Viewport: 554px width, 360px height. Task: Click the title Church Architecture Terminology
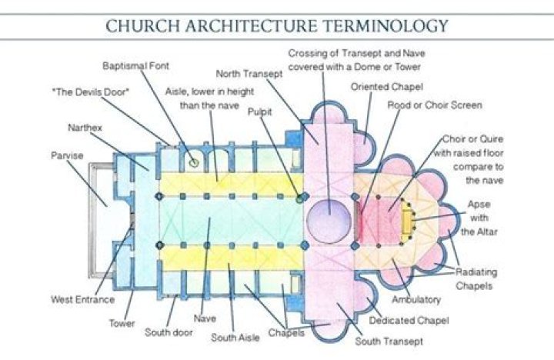coord(277,25)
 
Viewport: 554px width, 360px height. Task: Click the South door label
coord(169,332)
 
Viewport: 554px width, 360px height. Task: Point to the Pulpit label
coord(259,112)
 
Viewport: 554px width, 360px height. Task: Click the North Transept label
coord(250,74)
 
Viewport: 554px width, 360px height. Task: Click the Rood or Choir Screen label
coord(434,105)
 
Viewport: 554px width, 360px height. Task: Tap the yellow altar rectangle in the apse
coord(406,219)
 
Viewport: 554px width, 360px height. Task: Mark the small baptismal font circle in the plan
coord(195,162)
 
